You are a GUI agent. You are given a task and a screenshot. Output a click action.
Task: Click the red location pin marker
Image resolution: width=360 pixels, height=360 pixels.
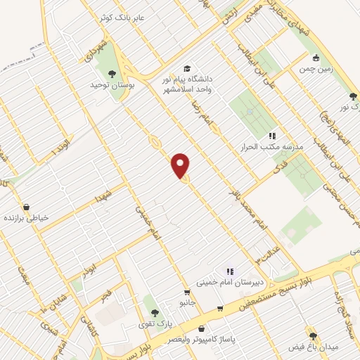coord(181,165)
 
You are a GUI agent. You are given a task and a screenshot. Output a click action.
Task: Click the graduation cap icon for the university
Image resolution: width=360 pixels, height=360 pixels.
coord(187,69)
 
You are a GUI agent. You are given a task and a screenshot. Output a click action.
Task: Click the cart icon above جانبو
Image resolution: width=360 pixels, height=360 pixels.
coord(186,292)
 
